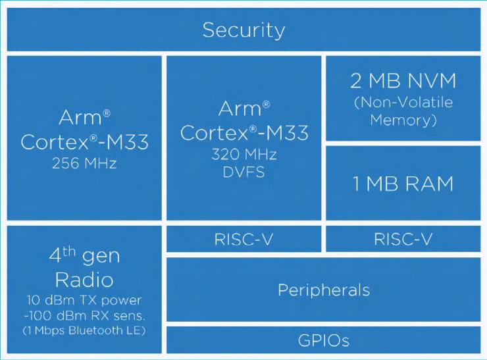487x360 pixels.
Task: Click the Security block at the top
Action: pos(243,30)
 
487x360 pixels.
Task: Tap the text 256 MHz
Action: pos(84,163)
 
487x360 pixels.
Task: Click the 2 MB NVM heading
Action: pos(403,83)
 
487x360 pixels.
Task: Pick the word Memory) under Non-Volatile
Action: pos(403,120)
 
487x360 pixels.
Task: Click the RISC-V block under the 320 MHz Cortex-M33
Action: pos(244,239)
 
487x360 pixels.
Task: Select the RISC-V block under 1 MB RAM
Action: pos(403,239)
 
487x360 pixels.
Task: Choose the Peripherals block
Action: pos(323,290)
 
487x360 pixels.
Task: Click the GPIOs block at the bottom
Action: pos(323,340)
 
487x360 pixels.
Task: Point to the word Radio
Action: pos(84,279)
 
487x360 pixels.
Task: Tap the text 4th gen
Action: pos(84,255)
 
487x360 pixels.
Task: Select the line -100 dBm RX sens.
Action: pos(84,313)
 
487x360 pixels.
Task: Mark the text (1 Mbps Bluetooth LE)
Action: pos(84,328)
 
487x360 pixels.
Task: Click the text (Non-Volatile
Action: pos(403,103)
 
